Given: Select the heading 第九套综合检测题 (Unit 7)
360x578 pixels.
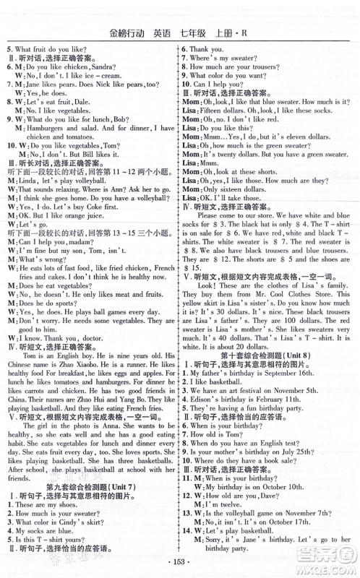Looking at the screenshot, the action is (90, 488).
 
